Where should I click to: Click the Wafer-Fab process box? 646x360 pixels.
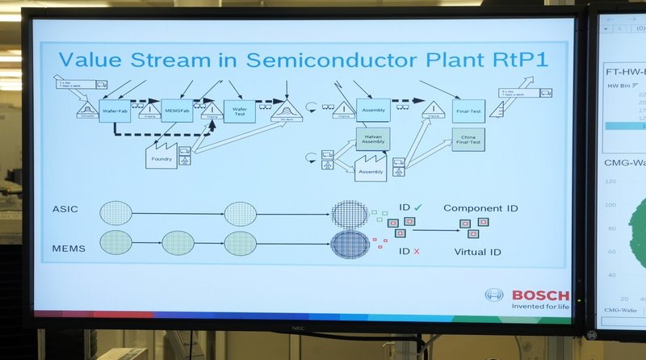click(111, 110)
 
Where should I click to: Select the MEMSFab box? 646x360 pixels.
click(177, 110)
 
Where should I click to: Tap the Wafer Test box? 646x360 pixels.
click(240, 110)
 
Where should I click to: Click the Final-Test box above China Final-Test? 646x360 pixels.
click(468, 111)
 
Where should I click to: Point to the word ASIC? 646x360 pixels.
click(65, 209)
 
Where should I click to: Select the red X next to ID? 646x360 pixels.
click(417, 252)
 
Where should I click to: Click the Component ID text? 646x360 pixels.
click(480, 208)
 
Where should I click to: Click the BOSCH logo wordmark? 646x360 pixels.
click(539, 295)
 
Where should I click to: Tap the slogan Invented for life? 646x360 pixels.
click(539, 307)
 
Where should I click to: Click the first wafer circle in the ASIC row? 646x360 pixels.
click(116, 213)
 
